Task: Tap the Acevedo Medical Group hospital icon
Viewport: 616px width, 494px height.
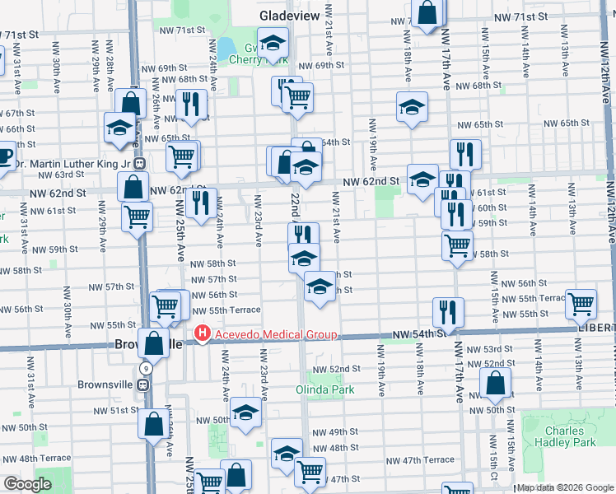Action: coord(201,333)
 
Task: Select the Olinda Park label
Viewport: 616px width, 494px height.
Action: coord(326,388)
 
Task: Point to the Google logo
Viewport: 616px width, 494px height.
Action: coord(27,484)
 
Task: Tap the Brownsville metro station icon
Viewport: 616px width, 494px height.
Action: coord(143,384)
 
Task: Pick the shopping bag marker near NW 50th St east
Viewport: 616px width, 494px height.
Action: coord(495,382)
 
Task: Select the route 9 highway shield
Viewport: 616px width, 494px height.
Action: coord(144,368)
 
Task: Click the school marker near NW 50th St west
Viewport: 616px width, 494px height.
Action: coord(245,412)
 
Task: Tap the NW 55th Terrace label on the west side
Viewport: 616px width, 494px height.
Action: coord(233,310)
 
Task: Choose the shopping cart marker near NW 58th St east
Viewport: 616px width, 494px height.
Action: coord(457,244)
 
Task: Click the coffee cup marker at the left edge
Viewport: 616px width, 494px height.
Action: coord(4,155)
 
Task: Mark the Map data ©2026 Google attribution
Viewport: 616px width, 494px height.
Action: coord(564,487)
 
